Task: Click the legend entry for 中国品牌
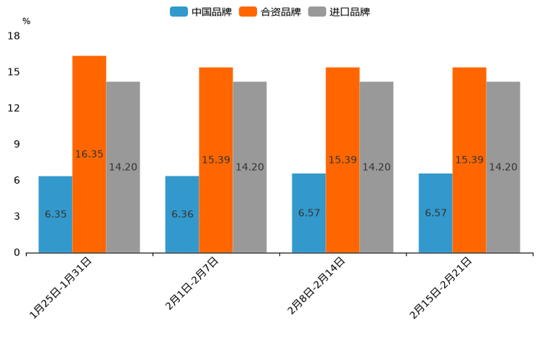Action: tap(200, 12)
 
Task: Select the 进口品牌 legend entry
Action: tap(339, 12)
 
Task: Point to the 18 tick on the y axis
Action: tap(14, 36)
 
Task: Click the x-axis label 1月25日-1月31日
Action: tap(61, 287)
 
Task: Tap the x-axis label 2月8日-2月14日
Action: tap(316, 286)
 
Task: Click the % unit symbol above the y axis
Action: tap(26, 21)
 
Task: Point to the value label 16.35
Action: tap(89, 155)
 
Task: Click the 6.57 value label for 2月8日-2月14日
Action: tap(308, 213)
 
